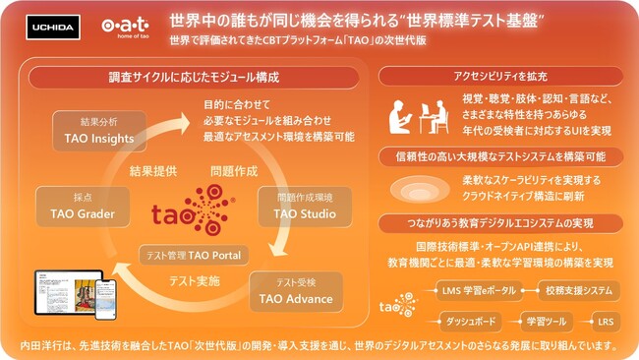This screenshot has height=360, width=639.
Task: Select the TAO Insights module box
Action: point(99,133)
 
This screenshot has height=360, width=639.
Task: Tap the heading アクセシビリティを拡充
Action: point(501,77)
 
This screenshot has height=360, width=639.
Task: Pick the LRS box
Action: point(605,322)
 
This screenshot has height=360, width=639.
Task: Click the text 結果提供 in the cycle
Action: point(153,170)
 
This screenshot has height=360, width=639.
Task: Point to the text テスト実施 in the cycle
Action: point(195,280)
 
